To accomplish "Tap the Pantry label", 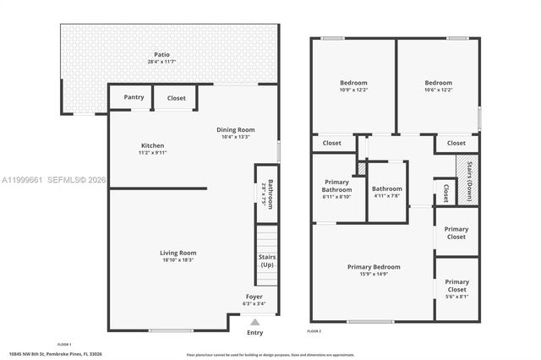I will tap(134, 97).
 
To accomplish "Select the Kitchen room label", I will tap(153, 145).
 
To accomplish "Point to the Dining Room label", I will tap(236, 130).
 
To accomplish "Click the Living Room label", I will tap(178, 253).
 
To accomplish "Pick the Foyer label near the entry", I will tap(254, 297).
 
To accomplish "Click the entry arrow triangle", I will tap(254, 321).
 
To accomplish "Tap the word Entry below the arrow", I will tap(254, 332).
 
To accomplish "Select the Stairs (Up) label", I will tap(267, 260).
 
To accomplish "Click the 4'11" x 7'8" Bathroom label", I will tap(387, 189).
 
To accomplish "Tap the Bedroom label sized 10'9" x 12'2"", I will tap(354, 83).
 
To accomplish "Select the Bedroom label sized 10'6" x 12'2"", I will tap(438, 83).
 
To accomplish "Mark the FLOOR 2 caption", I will tap(314, 331).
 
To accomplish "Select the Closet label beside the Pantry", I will tap(176, 98).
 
